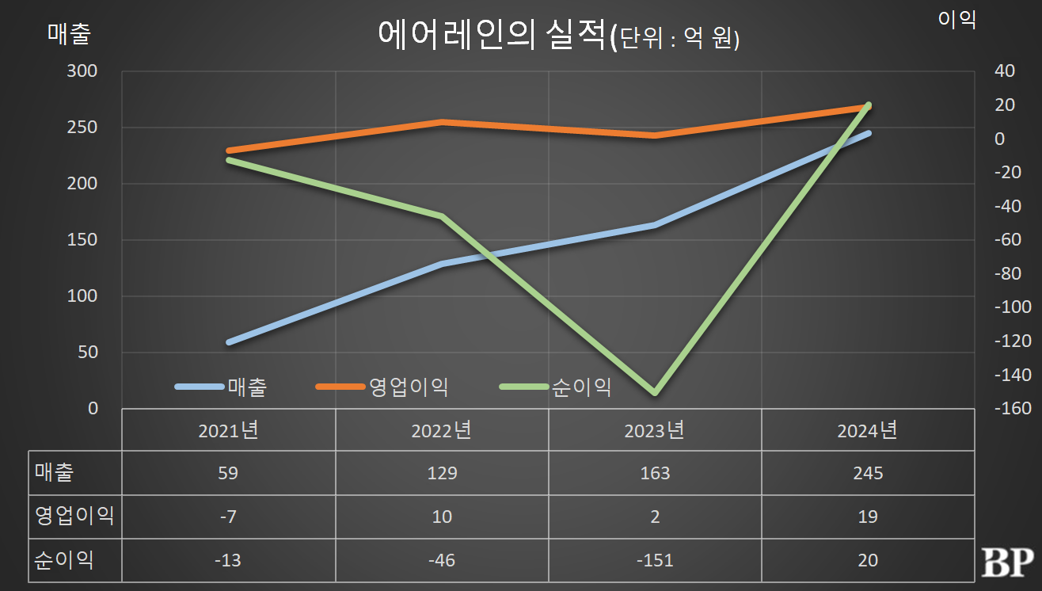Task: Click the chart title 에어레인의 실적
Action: click(491, 36)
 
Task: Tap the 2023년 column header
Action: click(654, 430)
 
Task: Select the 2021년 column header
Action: click(228, 430)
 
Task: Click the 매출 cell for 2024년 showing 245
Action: click(868, 473)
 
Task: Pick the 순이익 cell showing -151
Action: click(654, 560)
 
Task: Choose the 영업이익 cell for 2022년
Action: click(442, 517)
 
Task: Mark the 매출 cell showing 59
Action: click(228, 473)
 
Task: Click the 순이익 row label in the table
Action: click(64, 560)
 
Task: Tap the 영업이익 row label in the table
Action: click(74, 517)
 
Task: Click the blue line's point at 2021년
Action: click(229, 342)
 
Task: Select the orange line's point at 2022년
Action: click(442, 122)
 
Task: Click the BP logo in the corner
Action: click(1007, 562)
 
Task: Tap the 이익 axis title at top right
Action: click(956, 20)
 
